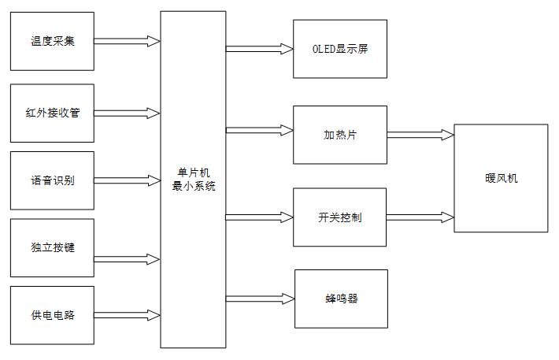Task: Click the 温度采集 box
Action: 52,41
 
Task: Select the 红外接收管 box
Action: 52,113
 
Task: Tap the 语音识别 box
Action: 52,180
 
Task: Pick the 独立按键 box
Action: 52,248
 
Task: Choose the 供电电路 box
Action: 52,316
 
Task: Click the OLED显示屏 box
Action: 340,49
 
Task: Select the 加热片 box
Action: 340,134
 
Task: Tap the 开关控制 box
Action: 340,217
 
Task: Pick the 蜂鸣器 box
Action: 341,299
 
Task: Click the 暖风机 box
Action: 501,178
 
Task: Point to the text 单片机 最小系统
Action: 193,180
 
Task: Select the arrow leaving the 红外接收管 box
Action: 127,113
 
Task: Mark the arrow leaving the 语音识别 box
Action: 127,180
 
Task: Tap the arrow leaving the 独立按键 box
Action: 127,258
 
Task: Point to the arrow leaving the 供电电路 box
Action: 127,316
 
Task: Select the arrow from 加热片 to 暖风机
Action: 420,135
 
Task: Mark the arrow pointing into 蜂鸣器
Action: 260,299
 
